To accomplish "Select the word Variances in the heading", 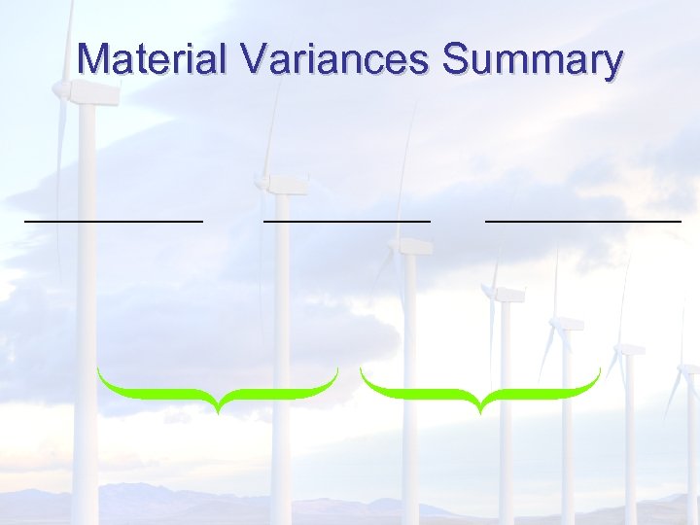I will pos(335,59).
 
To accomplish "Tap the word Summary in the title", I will pos(533,61).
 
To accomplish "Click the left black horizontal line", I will pos(114,222).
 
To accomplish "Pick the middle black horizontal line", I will pos(346,221).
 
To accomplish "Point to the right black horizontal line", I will pos(583,222).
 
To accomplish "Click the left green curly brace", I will pos(218,389).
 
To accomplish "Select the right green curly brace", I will pos(479,389).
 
